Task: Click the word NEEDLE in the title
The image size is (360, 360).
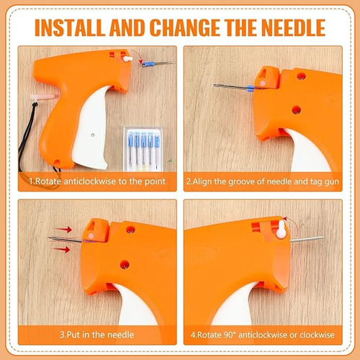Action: (x=293, y=27)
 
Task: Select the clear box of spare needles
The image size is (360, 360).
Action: (x=143, y=149)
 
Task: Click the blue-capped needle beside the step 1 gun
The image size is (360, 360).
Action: (x=158, y=63)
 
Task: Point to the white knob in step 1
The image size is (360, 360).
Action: (x=127, y=59)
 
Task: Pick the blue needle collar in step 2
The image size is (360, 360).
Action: (x=250, y=89)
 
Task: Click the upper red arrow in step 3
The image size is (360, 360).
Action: (x=63, y=229)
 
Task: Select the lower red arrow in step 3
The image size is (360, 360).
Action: (x=61, y=250)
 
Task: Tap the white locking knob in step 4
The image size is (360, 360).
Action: (x=281, y=230)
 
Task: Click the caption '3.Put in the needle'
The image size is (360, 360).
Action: (x=96, y=335)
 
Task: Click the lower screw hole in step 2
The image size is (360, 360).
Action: (x=296, y=110)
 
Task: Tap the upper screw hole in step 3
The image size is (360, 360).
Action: (x=130, y=230)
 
